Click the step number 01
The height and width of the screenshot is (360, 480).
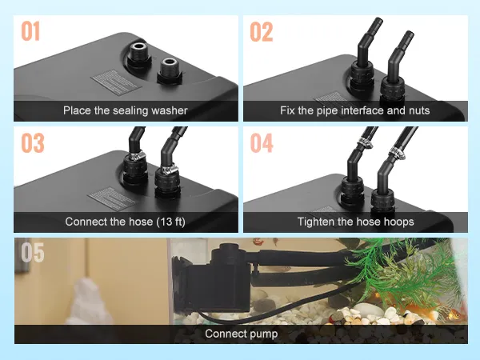30,31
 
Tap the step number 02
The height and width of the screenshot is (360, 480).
261,31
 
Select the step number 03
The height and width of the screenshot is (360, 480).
33,142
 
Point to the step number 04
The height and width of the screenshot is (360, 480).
262,143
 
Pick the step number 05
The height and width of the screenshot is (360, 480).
33,252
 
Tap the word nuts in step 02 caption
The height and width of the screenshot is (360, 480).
421,110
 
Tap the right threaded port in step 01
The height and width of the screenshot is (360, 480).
170,69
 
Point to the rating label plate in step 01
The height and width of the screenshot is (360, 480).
116,82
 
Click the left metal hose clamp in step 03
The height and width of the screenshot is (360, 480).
137,156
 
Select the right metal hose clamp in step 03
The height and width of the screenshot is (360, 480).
169,169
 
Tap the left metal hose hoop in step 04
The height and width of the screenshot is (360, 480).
365,142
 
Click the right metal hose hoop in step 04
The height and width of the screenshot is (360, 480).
397,153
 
